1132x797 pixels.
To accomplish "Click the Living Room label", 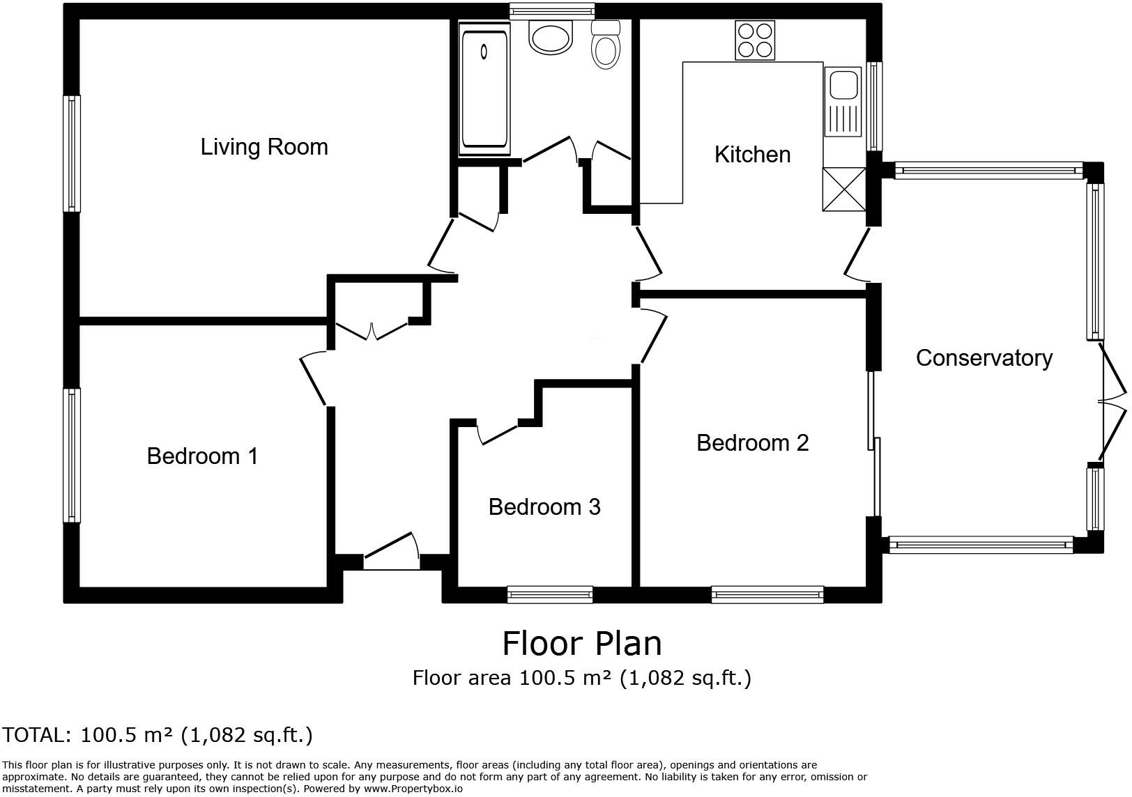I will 264,147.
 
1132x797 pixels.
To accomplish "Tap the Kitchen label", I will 752,155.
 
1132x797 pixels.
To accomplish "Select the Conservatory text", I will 984,358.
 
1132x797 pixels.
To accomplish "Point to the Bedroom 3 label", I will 544,507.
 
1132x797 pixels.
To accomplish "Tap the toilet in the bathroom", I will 606,46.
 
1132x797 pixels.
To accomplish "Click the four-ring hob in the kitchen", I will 755,40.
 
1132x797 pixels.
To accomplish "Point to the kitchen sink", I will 843,101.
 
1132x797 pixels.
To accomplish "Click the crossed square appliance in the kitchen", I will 844,189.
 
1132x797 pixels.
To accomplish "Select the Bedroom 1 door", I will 314,380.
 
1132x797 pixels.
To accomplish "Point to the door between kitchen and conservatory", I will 857,255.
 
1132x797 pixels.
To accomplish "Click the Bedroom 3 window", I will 550,594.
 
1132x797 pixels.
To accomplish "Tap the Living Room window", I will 72,153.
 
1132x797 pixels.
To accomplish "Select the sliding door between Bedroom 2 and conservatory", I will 874,443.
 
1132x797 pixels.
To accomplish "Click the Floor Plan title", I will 582,643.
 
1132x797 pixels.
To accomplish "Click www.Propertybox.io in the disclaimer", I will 413,789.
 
